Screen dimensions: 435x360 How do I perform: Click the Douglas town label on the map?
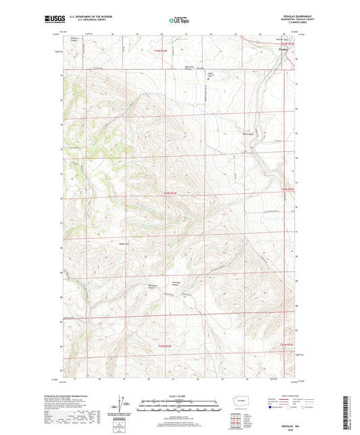point(283,47)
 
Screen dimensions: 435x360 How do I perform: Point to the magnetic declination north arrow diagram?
point(126,405)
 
